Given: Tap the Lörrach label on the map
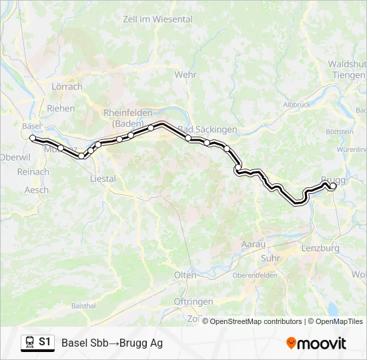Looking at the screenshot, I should tap(67, 87).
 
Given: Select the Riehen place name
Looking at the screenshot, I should tap(61, 108).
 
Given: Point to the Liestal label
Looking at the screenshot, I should tap(102, 179).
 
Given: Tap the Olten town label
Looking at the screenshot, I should tap(186, 275).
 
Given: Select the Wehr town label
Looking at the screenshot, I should tap(186, 75).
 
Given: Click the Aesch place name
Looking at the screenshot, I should tap(36, 190).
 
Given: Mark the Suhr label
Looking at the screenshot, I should tap(271, 257).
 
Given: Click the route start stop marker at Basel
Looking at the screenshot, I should tap(33, 138).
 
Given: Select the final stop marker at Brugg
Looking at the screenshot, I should tap(333, 187).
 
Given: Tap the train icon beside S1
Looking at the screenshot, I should tap(29, 342).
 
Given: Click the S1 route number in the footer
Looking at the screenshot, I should tap(45, 341).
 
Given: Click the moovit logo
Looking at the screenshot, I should tap(316, 343).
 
